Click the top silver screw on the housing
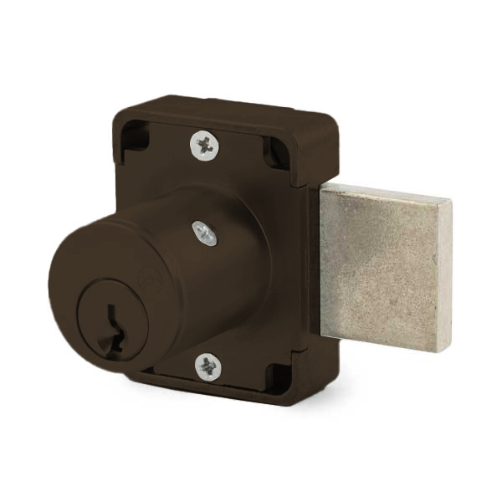(x=204, y=146)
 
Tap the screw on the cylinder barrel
(x=204, y=233)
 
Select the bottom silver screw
(x=207, y=366)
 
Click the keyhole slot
(x=114, y=330)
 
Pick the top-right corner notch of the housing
(x=276, y=151)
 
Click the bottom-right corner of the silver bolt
(x=448, y=350)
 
